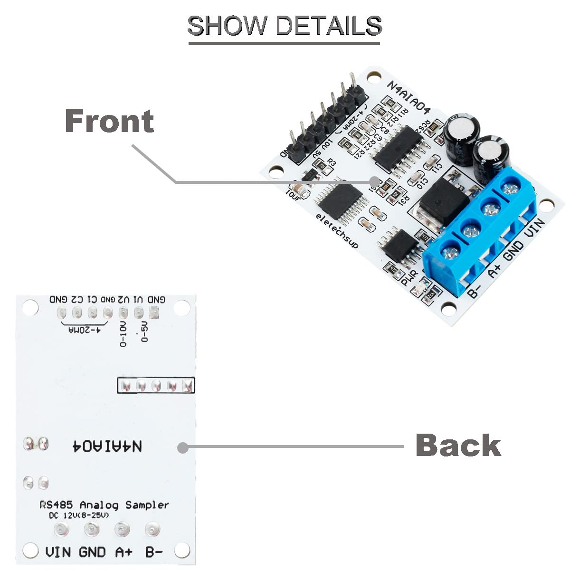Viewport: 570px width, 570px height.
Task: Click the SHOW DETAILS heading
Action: coord(285,26)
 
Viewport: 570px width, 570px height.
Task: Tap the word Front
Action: coord(109,121)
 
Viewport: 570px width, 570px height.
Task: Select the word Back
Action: coord(458,445)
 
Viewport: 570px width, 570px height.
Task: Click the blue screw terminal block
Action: coord(480,228)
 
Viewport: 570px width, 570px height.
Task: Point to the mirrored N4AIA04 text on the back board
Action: coord(107,446)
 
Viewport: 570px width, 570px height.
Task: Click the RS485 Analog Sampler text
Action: coord(104,504)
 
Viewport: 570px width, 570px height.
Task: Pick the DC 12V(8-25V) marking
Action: coord(79,515)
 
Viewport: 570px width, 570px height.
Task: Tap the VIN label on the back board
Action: coord(58,552)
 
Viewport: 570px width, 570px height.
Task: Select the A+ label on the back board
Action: coord(124,552)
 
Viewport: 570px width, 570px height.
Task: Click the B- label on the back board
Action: coord(154,552)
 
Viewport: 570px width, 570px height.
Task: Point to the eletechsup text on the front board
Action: coord(338,231)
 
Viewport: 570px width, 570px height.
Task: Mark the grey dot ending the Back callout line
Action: coord(183,447)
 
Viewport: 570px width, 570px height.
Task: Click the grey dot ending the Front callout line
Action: coord(375,181)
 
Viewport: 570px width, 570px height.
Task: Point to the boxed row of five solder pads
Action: coord(156,385)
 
